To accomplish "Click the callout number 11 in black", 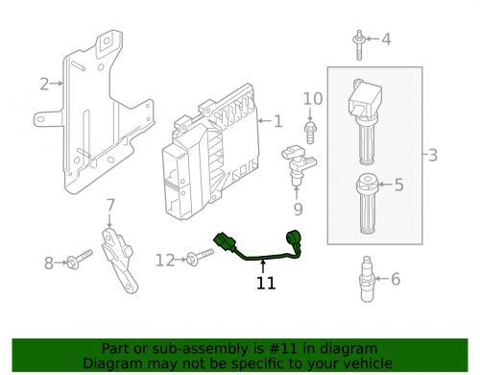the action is (266, 283).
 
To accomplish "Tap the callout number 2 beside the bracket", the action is (44, 84).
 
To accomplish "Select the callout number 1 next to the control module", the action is (278, 121).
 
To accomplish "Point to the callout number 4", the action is (386, 39).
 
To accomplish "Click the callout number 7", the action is (110, 205).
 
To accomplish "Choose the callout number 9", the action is (298, 210).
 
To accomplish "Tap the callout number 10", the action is (313, 99).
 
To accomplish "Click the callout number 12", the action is (165, 261).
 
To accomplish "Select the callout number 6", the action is (396, 279).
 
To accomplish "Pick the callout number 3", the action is (433, 155).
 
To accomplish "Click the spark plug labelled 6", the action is (367, 279).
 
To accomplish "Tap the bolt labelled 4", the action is (359, 45).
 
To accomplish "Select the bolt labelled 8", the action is (79, 260).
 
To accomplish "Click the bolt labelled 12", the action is (200, 257).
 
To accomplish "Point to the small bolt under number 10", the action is (310, 132).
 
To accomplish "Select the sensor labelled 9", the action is (299, 164).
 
